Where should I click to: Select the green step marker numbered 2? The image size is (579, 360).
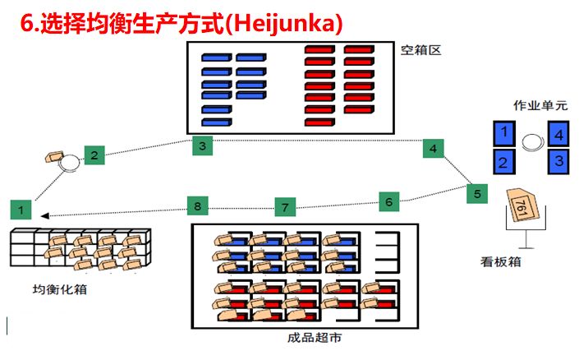tap(94, 154)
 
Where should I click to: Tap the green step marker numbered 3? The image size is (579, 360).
tap(203, 145)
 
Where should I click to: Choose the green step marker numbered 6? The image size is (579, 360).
tap(390, 200)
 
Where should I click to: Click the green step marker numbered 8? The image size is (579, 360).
tap(197, 205)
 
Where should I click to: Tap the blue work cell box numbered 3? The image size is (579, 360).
tap(558, 159)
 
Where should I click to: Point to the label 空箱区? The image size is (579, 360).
tap(421, 51)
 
